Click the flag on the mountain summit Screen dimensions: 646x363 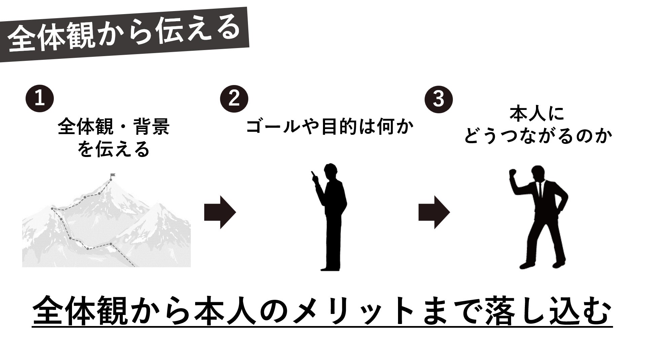112,175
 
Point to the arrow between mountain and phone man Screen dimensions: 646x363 220,212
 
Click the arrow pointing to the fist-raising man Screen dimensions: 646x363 434,212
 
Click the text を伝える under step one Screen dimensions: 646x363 113,149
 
